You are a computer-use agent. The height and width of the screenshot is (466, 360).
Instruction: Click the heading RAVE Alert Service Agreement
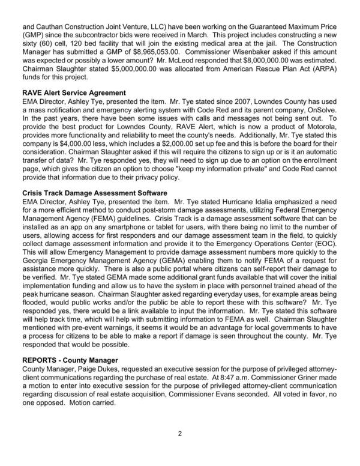coord(73,93)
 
